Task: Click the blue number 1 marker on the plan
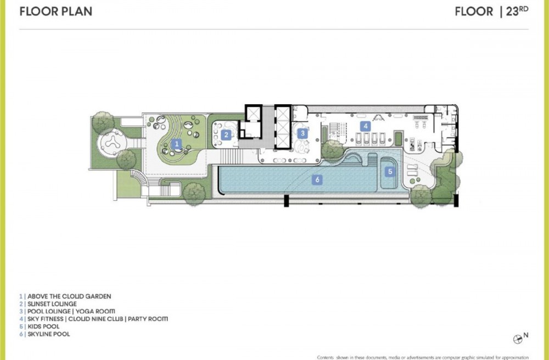[x=177, y=144]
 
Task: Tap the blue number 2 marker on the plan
[x=226, y=134]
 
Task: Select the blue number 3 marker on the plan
[x=302, y=133]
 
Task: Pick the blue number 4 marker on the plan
[x=366, y=126]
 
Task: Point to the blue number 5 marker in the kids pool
[x=390, y=171]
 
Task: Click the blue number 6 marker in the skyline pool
[x=317, y=179]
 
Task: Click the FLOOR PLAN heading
[x=56, y=12]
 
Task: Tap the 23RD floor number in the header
[x=517, y=11]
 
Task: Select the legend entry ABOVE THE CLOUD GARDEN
[x=69, y=296]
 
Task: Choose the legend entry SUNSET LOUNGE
[x=52, y=304]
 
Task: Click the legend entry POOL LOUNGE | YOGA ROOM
[x=71, y=311]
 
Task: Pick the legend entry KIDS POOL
[x=43, y=327]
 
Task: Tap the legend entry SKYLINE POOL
[x=49, y=334]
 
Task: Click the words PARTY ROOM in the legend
[x=148, y=319]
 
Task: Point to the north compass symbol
[x=518, y=339]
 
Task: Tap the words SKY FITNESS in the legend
[x=46, y=319]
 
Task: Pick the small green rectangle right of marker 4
[x=399, y=138]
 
